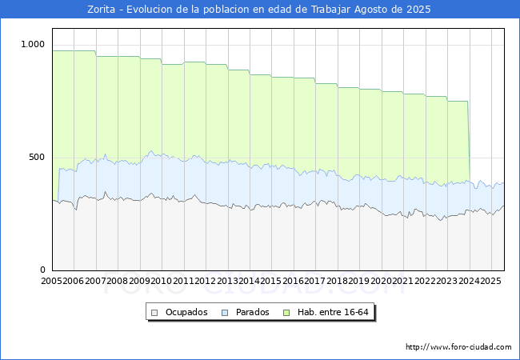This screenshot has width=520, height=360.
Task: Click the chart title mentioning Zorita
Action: pos(259,10)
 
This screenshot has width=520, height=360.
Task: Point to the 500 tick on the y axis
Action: pos(38,158)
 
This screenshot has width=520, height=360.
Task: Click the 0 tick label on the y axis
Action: pos(44,270)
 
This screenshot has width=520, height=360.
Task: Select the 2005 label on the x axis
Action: pos(51,281)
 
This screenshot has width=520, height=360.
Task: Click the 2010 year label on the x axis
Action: pos(161,281)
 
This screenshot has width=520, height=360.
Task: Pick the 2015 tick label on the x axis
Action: pos(270,281)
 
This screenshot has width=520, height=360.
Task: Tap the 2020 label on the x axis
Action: pos(380,281)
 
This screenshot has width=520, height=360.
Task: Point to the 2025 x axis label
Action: pos(490,281)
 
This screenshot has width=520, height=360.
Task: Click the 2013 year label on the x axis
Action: pos(226,281)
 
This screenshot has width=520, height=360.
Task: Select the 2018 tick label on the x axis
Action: pos(336,281)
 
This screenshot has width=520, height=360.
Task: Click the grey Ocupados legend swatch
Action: pos(155,312)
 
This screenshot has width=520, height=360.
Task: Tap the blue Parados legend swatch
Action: pos(226,312)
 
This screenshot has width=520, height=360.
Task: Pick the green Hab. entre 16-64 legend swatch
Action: pos(289,312)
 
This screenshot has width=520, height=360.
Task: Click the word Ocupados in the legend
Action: pos(186,312)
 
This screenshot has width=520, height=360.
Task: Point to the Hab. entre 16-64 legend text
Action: pos(332,312)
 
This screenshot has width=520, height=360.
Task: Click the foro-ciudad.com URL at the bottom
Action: pos(458,347)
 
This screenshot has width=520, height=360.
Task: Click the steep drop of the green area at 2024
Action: pos(469,144)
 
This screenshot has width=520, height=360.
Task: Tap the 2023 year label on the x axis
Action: pos(446,281)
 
